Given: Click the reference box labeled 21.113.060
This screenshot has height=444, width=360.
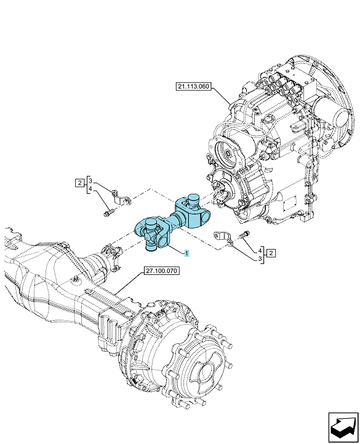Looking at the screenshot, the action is pyautogui.click(x=194, y=86).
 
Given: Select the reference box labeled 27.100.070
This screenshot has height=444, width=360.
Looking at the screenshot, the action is pyautogui.click(x=161, y=271).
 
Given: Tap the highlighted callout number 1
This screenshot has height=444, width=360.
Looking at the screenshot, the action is pyautogui.click(x=186, y=253).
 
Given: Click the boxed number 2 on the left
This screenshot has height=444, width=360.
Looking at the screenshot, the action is pyautogui.click(x=79, y=183).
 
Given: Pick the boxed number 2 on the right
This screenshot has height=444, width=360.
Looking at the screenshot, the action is pyautogui.click(x=271, y=253).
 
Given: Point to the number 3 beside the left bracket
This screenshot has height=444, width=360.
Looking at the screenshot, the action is pyautogui.click(x=90, y=181).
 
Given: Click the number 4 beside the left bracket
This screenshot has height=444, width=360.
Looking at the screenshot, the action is pyautogui.click(x=90, y=189).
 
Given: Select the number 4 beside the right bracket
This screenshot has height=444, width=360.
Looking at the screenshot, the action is pyautogui.click(x=260, y=251).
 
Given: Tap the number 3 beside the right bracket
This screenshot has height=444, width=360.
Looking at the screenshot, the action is pyautogui.click(x=260, y=259).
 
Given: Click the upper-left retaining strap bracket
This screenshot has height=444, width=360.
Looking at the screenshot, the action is pyautogui.click(x=121, y=198).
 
